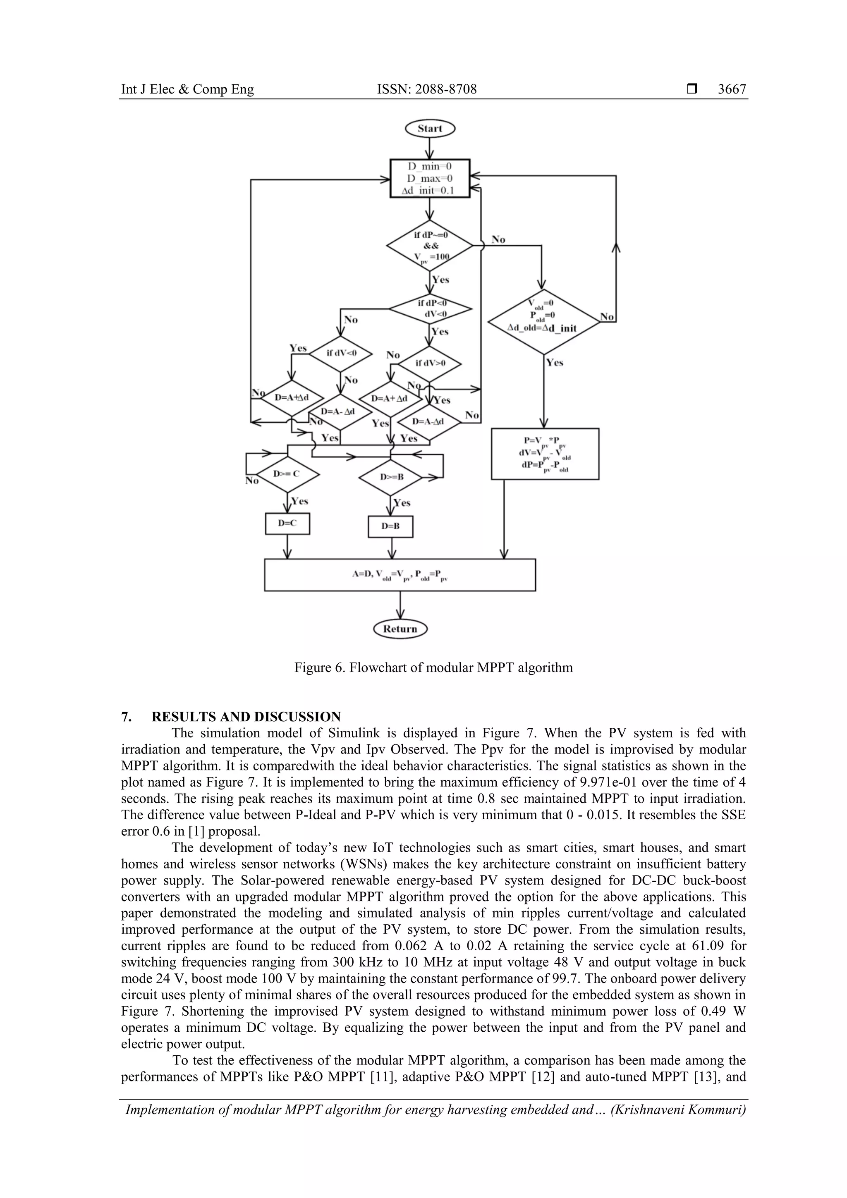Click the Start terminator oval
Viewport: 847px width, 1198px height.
(x=430, y=128)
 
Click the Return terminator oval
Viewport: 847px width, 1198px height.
(x=400, y=629)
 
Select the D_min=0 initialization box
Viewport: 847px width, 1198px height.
(x=430, y=179)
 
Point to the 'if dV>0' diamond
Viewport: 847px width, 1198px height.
(x=430, y=363)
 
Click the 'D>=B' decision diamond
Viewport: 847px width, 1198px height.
(x=391, y=477)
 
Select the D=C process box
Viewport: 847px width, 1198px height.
(x=287, y=524)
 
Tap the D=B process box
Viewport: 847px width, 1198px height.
(x=390, y=526)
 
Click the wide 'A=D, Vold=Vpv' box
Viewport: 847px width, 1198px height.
(x=400, y=574)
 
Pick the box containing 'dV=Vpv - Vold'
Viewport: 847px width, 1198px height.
(x=545, y=453)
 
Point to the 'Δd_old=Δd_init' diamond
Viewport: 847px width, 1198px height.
(x=544, y=322)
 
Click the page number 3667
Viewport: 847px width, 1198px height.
(x=732, y=90)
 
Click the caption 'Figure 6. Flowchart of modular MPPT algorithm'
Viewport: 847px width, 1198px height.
(x=433, y=667)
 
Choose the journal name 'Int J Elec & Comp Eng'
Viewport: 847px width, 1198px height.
(x=187, y=90)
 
